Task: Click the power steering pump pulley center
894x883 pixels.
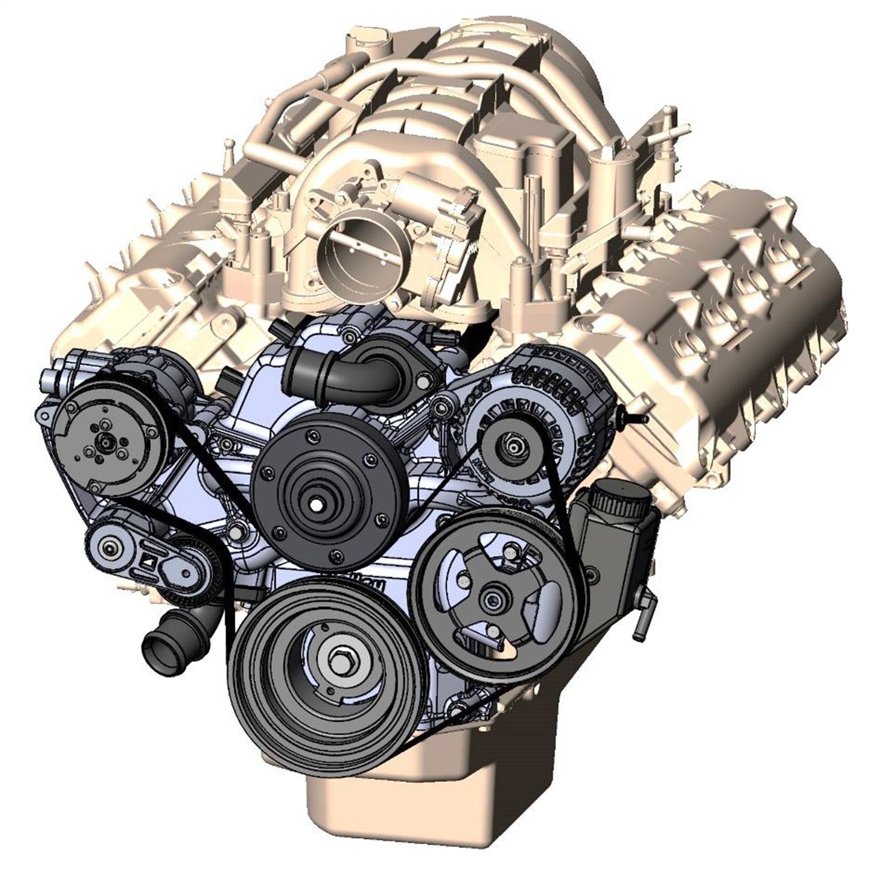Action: pyautogui.click(x=492, y=597)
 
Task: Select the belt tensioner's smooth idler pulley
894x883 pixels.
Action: pyautogui.click(x=110, y=545)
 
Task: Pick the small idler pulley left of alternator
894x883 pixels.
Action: pyautogui.click(x=442, y=407)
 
